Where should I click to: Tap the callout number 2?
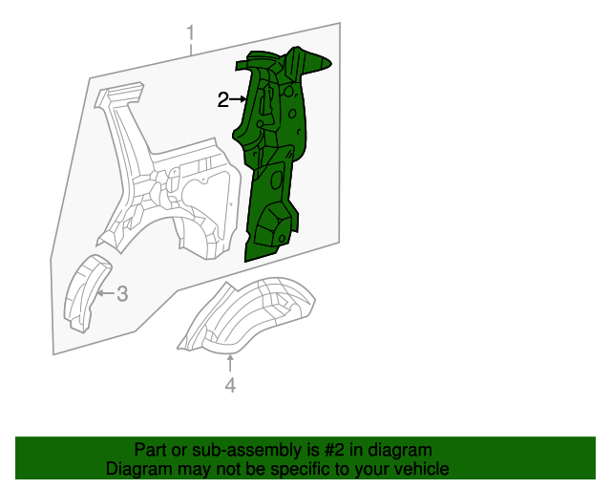pos(222,100)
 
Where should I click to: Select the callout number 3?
pos(122,293)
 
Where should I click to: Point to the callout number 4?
pos(230,385)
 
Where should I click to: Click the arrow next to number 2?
pos(238,100)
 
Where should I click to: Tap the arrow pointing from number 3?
pos(106,293)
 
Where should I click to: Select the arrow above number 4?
pos(230,364)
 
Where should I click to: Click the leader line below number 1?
pos(191,49)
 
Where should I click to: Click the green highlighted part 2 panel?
pos(273,156)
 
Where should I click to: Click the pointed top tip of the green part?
pos(330,62)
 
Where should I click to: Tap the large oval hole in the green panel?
pos(277,180)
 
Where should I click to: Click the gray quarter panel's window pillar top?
pos(120,92)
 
